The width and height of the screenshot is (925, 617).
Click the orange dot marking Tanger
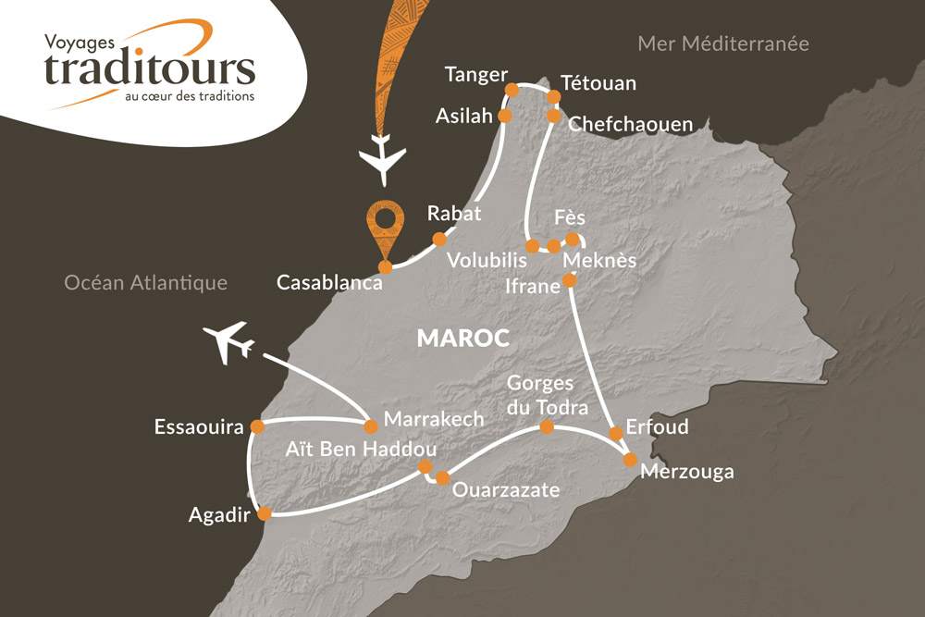[511, 90]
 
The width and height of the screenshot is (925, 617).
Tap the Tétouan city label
[599, 83]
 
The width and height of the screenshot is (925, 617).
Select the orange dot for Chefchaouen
[553, 116]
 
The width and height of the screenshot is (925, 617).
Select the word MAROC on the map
[462, 338]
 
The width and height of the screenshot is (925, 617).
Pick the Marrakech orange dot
[371, 426]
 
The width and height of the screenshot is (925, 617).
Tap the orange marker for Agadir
[264, 513]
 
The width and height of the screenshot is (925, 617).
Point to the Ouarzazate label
[506, 489]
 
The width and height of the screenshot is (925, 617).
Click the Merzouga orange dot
[630, 460]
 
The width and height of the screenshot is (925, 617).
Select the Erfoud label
[657, 428]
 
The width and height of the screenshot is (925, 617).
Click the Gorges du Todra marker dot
[547, 426]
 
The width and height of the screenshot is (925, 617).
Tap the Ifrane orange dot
[570, 279]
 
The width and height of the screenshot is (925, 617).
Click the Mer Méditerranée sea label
[723, 43]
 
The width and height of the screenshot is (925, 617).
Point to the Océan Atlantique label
[145, 283]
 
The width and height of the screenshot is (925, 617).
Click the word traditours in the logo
[149, 68]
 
